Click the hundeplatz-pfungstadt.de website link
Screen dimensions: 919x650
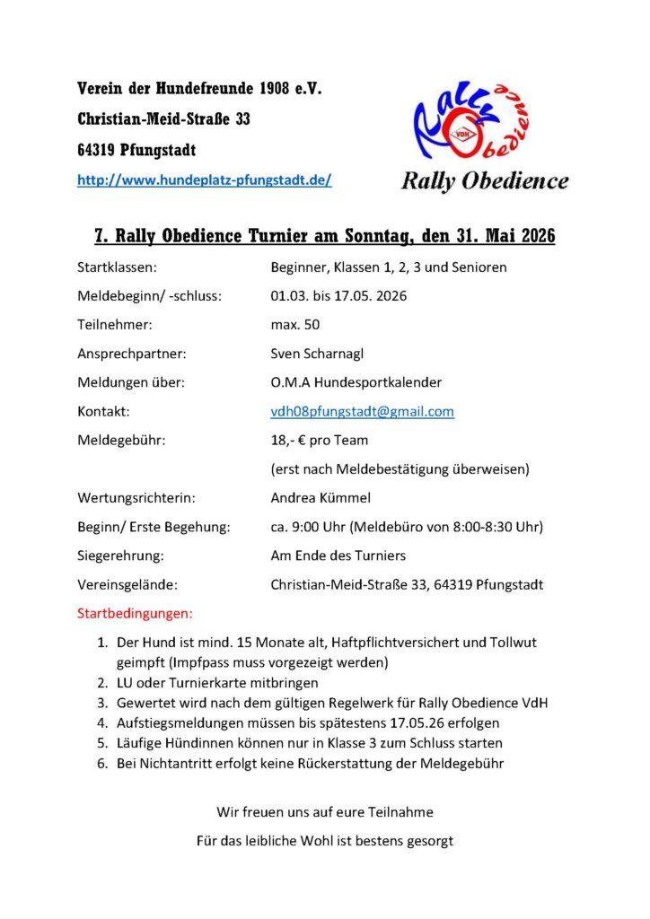point(205,179)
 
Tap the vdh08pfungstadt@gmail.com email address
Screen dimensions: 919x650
point(362,411)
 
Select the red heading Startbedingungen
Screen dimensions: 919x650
point(136,615)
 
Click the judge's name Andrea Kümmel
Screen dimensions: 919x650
point(320,497)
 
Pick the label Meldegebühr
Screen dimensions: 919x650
point(121,440)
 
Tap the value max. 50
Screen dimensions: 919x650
point(295,324)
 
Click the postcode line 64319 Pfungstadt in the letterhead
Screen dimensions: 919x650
point(136,149)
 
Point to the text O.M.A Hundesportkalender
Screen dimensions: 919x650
point(356,382)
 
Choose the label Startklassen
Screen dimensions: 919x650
point(118,267)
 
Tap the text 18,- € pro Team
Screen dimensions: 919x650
point(320,440)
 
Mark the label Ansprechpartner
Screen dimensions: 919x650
point(132,354)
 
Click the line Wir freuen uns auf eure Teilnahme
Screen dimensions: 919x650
point(325,811)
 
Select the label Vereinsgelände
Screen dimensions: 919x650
point(127,584)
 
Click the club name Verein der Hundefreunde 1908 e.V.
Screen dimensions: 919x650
point(199,89)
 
